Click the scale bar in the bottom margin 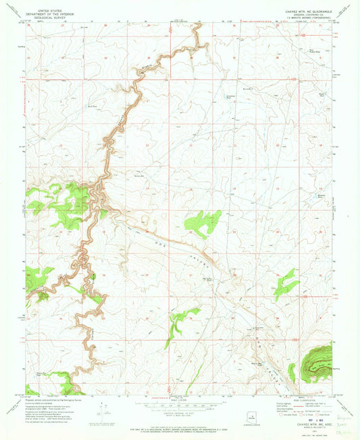click(179, 407)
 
